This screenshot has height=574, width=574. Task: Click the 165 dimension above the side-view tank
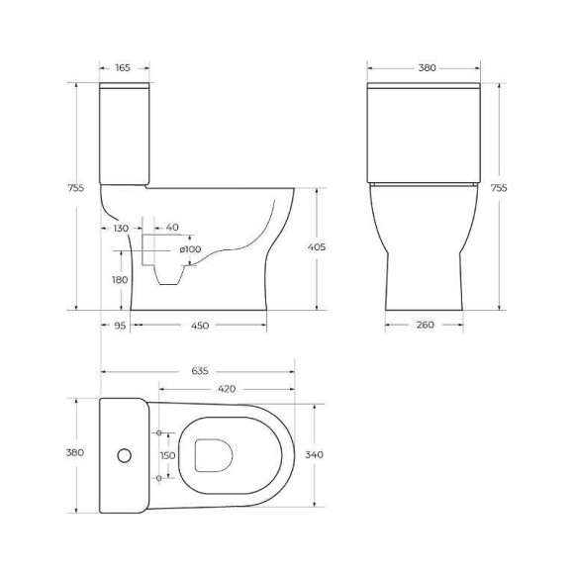pyautogui.click(x=123, y=68)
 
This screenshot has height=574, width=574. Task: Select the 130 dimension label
pyautogui.click(x=121, y=228)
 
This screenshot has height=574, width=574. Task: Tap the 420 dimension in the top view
pyautogui.click(x=226, y=389)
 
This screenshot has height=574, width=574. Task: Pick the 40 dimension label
pyautogui.click(x=172, y=228)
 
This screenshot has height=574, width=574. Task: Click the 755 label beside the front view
pyautogui.click(x=499, y=187)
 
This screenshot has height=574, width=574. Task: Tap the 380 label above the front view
pyautogui.click(x=427, y=68)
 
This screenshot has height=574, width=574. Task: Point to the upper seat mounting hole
pyautogui.click(x=158, y=433)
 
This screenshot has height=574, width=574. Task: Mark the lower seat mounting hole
pyautogui.click(x=158, y=478)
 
